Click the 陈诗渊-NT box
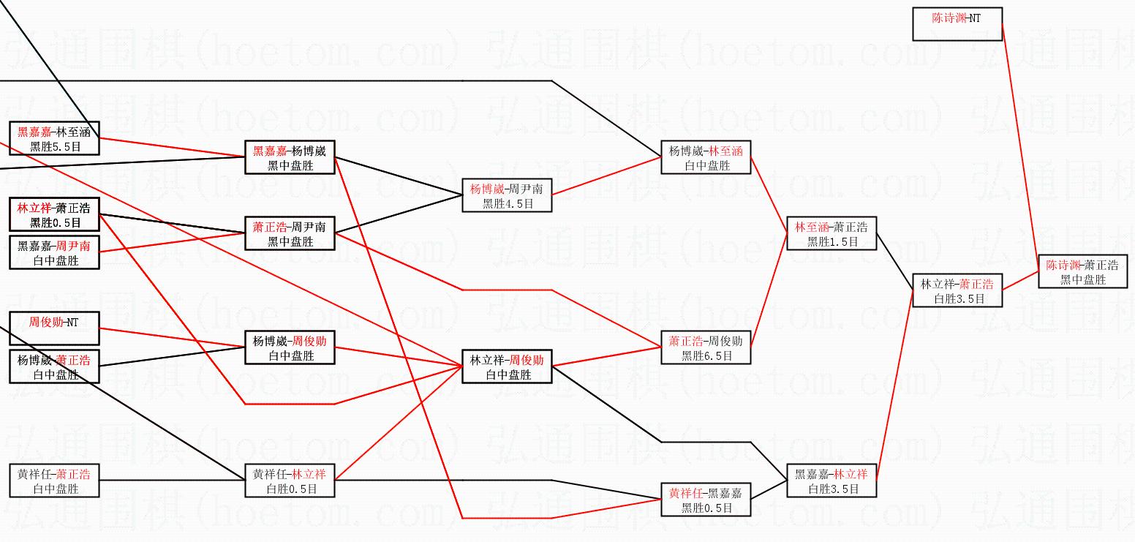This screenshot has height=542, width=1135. pos(957,24)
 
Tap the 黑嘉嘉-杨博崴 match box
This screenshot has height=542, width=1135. pos(290,158)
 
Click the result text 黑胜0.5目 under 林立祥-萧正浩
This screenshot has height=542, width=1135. pos(55,223)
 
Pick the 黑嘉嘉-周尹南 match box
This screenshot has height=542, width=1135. pos(54,252)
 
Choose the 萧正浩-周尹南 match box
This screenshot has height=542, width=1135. pos(290,233)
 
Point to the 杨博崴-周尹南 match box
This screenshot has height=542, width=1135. pos(507,195)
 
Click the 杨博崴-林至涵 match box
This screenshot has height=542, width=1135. pos(706,157)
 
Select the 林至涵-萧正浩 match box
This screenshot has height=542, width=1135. pos(832,233)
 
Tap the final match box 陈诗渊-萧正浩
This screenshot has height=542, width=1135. pos(1082,271)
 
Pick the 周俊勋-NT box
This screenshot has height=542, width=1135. pos(54,328)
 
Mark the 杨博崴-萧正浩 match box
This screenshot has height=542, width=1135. pos(54,367)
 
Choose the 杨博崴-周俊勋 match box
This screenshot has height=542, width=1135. pos(290,347)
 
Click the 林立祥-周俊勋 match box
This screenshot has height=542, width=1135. pos(507,366)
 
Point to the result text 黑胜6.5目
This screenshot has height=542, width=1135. pos(706,355)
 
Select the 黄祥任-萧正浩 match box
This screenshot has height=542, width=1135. pos(54,481)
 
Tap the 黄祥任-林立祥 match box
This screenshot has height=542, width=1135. pos(290,481)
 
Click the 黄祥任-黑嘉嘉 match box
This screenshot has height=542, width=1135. pos(706,500)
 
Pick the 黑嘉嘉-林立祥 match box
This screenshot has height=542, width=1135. pos(832,481)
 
